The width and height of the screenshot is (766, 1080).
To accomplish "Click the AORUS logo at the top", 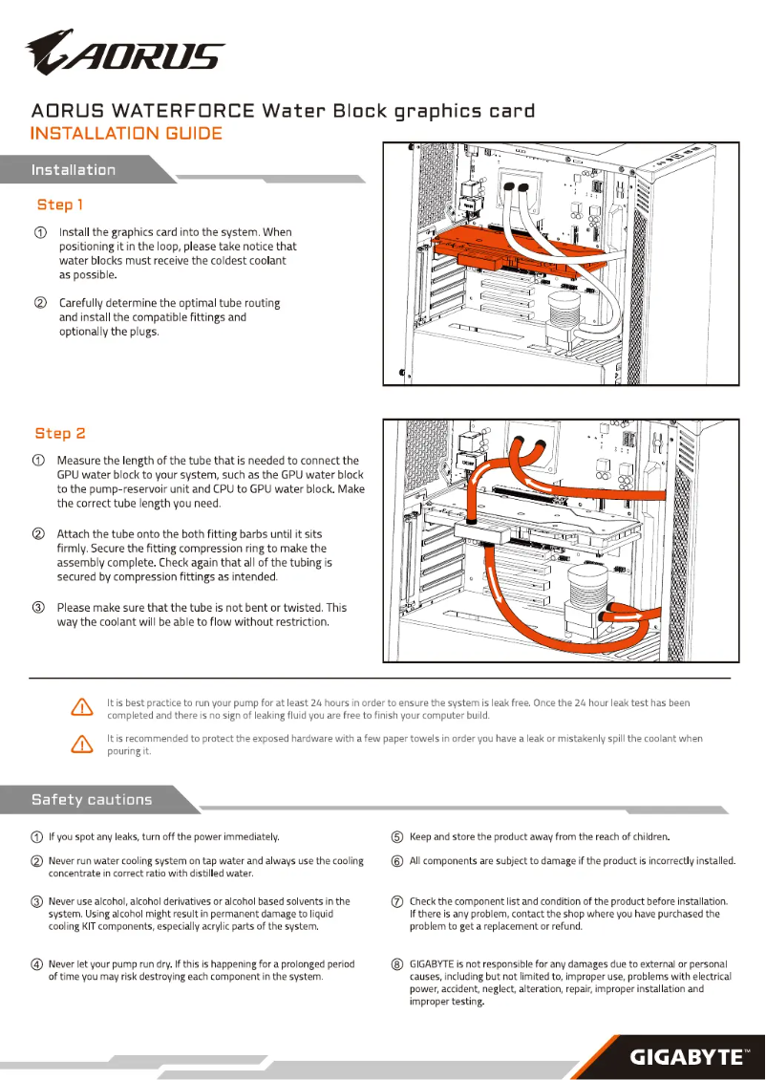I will click(124, 53).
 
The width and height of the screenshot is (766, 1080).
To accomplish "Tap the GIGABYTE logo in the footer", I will click(685, 1056).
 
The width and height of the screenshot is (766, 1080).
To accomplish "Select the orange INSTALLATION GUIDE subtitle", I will click(126, 134).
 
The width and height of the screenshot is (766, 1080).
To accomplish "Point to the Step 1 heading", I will click(60, 205).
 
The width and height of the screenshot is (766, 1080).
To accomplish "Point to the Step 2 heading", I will click(60, 433).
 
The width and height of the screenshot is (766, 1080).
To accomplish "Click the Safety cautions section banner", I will click(92, 799).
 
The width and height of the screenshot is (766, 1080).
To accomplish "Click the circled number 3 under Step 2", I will click(39, 608).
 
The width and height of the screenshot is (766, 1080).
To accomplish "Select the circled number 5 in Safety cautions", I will click(397, 837).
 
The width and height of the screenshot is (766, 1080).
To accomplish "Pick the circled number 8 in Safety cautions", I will click(397, 964).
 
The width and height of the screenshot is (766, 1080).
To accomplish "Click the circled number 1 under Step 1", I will click(40, 232).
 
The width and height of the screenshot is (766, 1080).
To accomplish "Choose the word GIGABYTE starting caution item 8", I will click(436, 964).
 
